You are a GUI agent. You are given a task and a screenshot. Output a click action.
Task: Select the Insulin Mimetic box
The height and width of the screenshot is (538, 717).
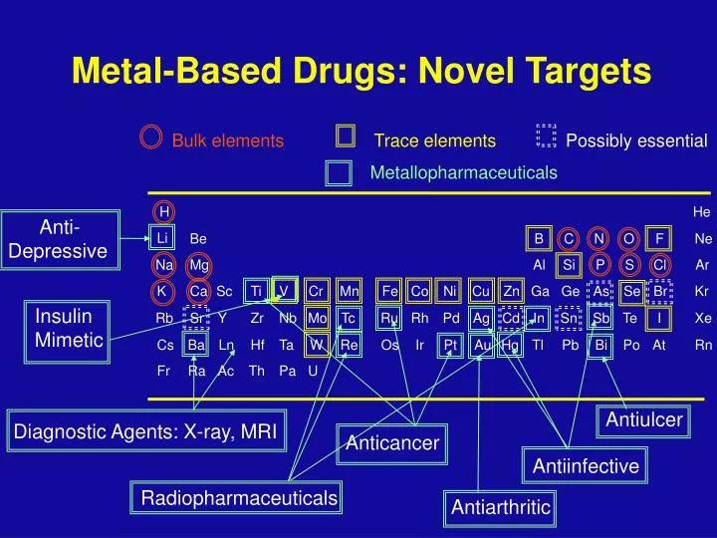69,328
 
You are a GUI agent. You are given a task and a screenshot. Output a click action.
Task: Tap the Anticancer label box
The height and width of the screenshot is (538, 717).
392,442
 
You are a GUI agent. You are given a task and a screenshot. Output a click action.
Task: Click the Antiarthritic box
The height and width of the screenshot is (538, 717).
500,507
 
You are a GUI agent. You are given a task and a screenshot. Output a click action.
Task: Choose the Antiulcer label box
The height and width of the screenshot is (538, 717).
643,419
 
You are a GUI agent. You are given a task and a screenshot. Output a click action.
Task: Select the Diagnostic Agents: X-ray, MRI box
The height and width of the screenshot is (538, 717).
145,430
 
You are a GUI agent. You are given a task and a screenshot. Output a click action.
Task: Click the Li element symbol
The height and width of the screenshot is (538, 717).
162,239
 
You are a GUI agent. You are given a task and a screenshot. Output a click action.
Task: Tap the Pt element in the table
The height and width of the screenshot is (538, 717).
450,345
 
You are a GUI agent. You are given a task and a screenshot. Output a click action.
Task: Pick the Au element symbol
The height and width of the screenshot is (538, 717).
482,345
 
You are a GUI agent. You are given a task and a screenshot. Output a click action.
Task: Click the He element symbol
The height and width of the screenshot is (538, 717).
702,212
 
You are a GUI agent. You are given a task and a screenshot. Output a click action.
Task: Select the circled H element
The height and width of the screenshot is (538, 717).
163,211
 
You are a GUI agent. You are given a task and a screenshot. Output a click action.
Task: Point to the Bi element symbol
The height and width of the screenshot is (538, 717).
601,345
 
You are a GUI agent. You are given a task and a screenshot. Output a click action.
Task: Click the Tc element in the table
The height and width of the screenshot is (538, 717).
349,318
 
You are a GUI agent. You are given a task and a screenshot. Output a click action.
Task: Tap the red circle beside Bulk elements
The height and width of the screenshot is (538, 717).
151,137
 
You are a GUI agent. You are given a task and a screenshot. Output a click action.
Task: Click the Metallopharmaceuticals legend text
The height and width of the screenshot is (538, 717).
463,173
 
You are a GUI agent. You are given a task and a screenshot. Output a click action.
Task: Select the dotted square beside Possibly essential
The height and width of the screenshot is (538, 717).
545,137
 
